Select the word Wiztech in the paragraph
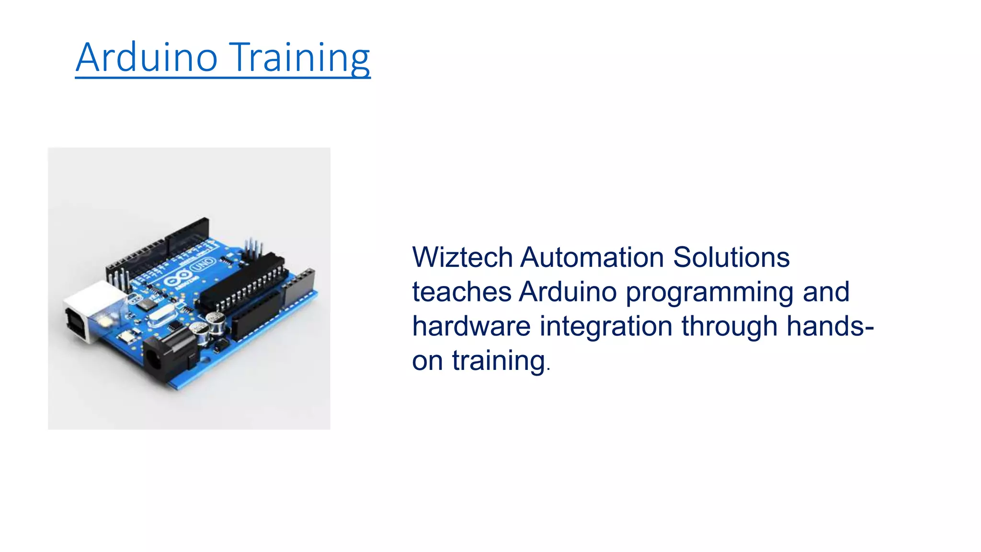(462, 257)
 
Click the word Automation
(592, 257)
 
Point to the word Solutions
(731, 257)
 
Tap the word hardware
(471, 326)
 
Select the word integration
(606, 327)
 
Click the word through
(730, 327)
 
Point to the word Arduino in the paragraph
(568, 292)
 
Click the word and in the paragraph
(826, 292)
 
